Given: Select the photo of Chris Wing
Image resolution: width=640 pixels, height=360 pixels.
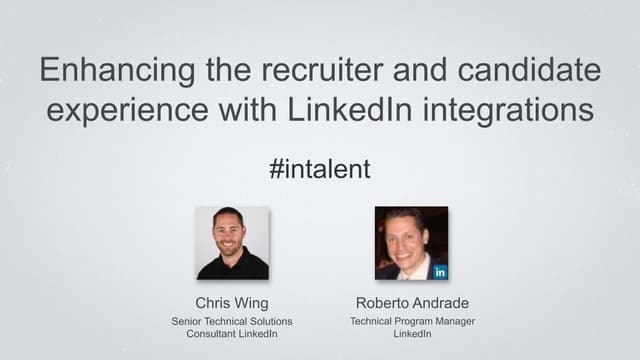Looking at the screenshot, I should coord(232,243).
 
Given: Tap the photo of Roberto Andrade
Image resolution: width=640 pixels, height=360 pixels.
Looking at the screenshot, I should coord(411,243).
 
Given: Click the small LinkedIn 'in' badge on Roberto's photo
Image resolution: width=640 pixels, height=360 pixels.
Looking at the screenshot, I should coord(440,271).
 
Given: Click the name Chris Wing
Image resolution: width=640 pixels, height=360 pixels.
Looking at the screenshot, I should coord(232,302).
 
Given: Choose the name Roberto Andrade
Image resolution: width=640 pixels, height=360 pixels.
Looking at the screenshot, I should coord(411,302).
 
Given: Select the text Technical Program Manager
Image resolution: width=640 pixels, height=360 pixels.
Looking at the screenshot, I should coord(411,321).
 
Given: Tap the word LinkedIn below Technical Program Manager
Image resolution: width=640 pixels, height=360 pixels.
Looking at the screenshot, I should coord(411,334).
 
